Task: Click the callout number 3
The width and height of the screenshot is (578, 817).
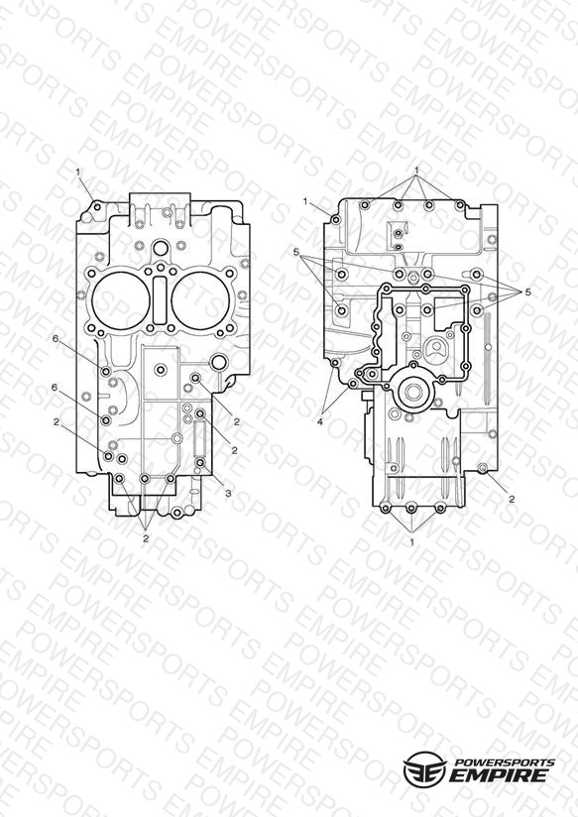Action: (228, 494)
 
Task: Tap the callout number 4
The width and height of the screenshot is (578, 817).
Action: (320, 422)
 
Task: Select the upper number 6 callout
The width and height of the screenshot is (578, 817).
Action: (56, 339)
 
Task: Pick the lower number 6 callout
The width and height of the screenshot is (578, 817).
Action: (55, 387)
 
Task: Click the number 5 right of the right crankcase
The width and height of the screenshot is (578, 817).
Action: (527, 292)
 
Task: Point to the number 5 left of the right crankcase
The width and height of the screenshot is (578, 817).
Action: (296, 253)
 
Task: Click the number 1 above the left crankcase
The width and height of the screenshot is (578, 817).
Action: (78, 171)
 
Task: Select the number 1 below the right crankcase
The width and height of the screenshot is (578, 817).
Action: (411, 542)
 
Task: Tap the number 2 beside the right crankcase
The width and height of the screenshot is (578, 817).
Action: (512, 499)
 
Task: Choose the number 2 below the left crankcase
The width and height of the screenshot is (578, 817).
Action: (146, 538)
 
